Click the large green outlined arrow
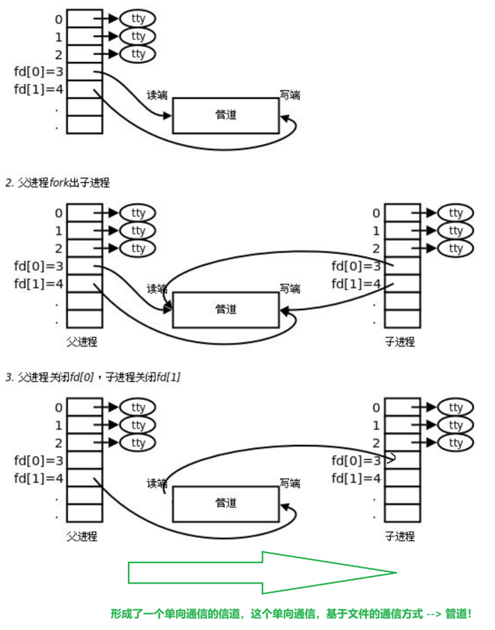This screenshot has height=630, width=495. pyautogui.click(x=262, y=573)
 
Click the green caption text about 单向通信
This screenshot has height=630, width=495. pyautogui.click(x=291, y=614)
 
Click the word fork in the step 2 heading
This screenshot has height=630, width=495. pyautogui.click(x=58, y=183)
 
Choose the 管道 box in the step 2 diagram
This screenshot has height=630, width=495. pyautogui.click(x=225, y=309)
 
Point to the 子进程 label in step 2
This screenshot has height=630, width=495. pyautogui.click(x=400, y=342)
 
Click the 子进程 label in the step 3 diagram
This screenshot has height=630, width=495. pyautogui.click(x=400, y=536)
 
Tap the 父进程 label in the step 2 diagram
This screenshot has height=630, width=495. pyautogui.click(x=82, y=342)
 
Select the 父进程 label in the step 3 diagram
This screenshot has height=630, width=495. pyautogui.click(x=82, y=536)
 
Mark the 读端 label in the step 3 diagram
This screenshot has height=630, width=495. pyautogui.click(x=157, y=483)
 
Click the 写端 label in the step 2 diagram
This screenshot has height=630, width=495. pyautogui.click(x=290, y=288)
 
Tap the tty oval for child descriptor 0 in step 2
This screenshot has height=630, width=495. pyautogui.click(x=455, y=213)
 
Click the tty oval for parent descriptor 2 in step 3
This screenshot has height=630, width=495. pyautogui.click(x=138, y=443)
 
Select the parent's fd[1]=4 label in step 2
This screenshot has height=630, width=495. pyautogui.click(x=38, y=284)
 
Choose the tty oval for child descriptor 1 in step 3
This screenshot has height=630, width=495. pyautogui.click(x=455, y=425)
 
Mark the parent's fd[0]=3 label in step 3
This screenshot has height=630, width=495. pyautogui.click(x=38, y=461)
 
